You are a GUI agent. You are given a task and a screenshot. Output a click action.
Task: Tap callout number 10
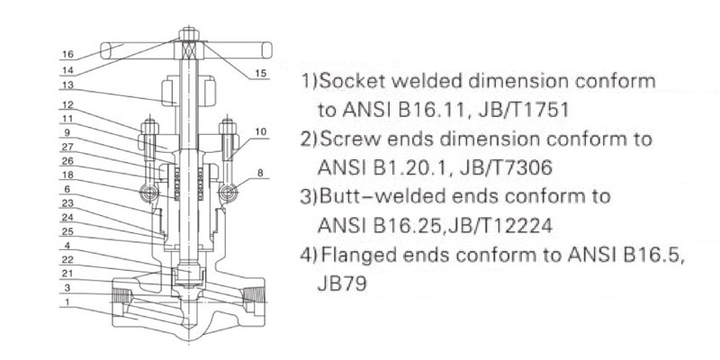[261, 131]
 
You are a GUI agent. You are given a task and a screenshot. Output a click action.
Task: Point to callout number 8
[261, 171]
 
